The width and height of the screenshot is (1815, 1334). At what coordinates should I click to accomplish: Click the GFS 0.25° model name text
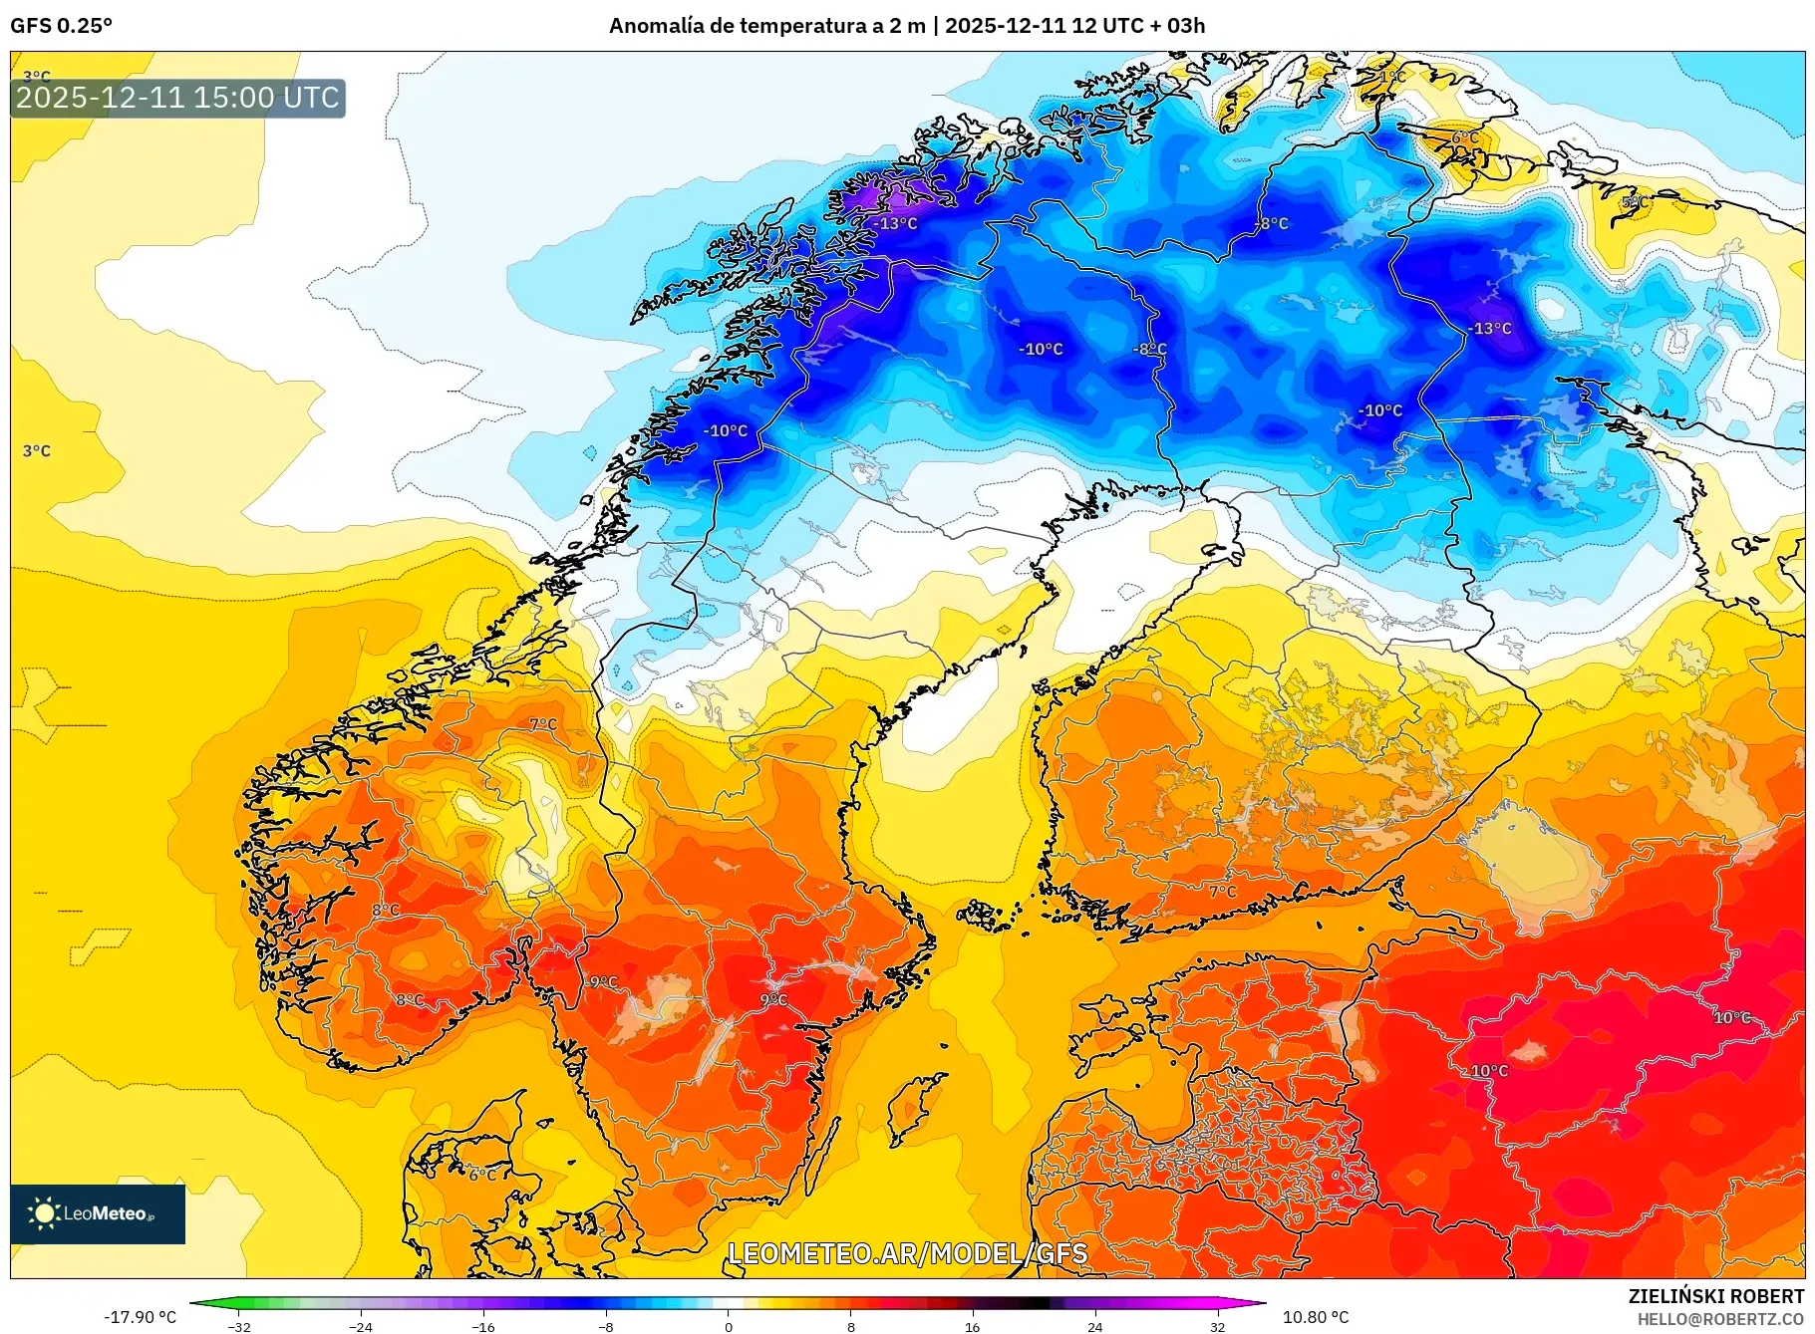coord(61,26)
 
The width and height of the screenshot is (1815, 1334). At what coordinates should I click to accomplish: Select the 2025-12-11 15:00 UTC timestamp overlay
coord(177,98)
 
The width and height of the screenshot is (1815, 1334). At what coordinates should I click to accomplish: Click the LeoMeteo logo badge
coord(98,1213)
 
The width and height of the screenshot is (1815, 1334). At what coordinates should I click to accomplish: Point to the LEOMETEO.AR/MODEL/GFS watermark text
coord(907,1253)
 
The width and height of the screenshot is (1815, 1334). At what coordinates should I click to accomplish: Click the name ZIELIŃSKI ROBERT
coord(1715,1296)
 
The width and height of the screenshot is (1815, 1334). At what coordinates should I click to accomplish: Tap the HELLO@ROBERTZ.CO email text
coord(1719,1319)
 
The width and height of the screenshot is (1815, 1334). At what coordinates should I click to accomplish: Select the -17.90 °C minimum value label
coord(140,1317)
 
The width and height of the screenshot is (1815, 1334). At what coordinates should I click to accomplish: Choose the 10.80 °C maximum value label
coord(1316,1317)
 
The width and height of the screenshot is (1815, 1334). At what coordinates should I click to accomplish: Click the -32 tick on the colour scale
coord(239,1327)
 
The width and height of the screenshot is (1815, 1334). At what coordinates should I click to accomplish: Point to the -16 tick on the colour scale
coord(483,1327)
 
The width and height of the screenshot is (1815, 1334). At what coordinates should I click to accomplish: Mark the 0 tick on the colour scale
coord(729,1327)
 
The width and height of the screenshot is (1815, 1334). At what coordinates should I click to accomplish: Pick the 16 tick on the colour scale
coord(973,1327)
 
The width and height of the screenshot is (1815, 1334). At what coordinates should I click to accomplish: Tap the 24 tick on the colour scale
coord(1094,1327)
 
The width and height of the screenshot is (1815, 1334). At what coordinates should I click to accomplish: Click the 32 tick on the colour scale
coord(1217,1327)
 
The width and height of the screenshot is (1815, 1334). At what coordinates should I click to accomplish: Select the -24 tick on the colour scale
coord(361,1327)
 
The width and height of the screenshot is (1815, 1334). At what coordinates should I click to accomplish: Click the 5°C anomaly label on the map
coord(1635,202)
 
